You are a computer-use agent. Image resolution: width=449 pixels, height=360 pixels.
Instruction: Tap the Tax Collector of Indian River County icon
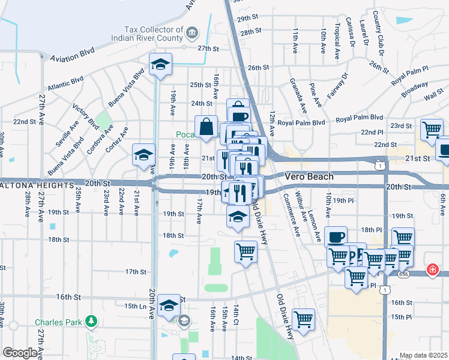[191, 31]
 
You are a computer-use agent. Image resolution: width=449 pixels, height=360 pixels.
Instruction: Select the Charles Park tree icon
[91, 322]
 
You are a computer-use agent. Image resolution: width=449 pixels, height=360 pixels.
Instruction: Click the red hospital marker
[432, 271]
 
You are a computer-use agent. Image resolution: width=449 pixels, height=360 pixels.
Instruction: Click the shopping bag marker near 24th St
[206, 126]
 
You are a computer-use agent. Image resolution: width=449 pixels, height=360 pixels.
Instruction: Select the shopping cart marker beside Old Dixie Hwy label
[303, 319]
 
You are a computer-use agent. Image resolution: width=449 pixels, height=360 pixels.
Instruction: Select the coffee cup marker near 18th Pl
[336, 236]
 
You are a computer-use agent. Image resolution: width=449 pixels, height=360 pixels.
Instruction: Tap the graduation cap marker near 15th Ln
[169, 306]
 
